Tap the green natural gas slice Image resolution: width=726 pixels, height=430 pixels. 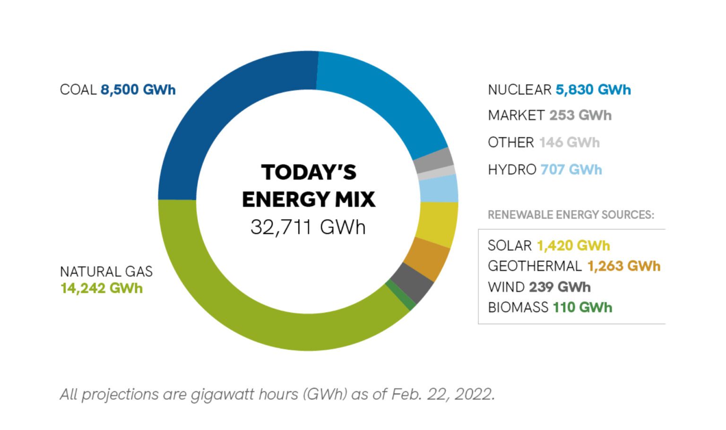coord(265,321)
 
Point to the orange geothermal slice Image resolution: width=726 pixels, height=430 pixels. coord(428,259)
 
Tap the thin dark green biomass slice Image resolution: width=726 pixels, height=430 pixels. coord(401,296)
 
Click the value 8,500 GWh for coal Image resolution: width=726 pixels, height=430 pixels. coord(138,90)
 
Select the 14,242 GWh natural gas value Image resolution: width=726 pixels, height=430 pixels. coord(101,288)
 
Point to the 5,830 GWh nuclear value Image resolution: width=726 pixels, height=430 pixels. coord(593,90)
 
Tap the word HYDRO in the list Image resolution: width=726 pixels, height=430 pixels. coord(511,170)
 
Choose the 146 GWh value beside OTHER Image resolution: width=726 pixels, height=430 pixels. coord(569,142)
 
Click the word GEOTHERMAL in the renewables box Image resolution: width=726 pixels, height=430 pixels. coord(534,266)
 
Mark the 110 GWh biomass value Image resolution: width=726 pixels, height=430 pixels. coord(582,308)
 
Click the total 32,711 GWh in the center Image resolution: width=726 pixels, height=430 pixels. coord(308,227)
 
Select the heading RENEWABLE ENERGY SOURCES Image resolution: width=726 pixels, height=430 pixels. coord(570,215)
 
